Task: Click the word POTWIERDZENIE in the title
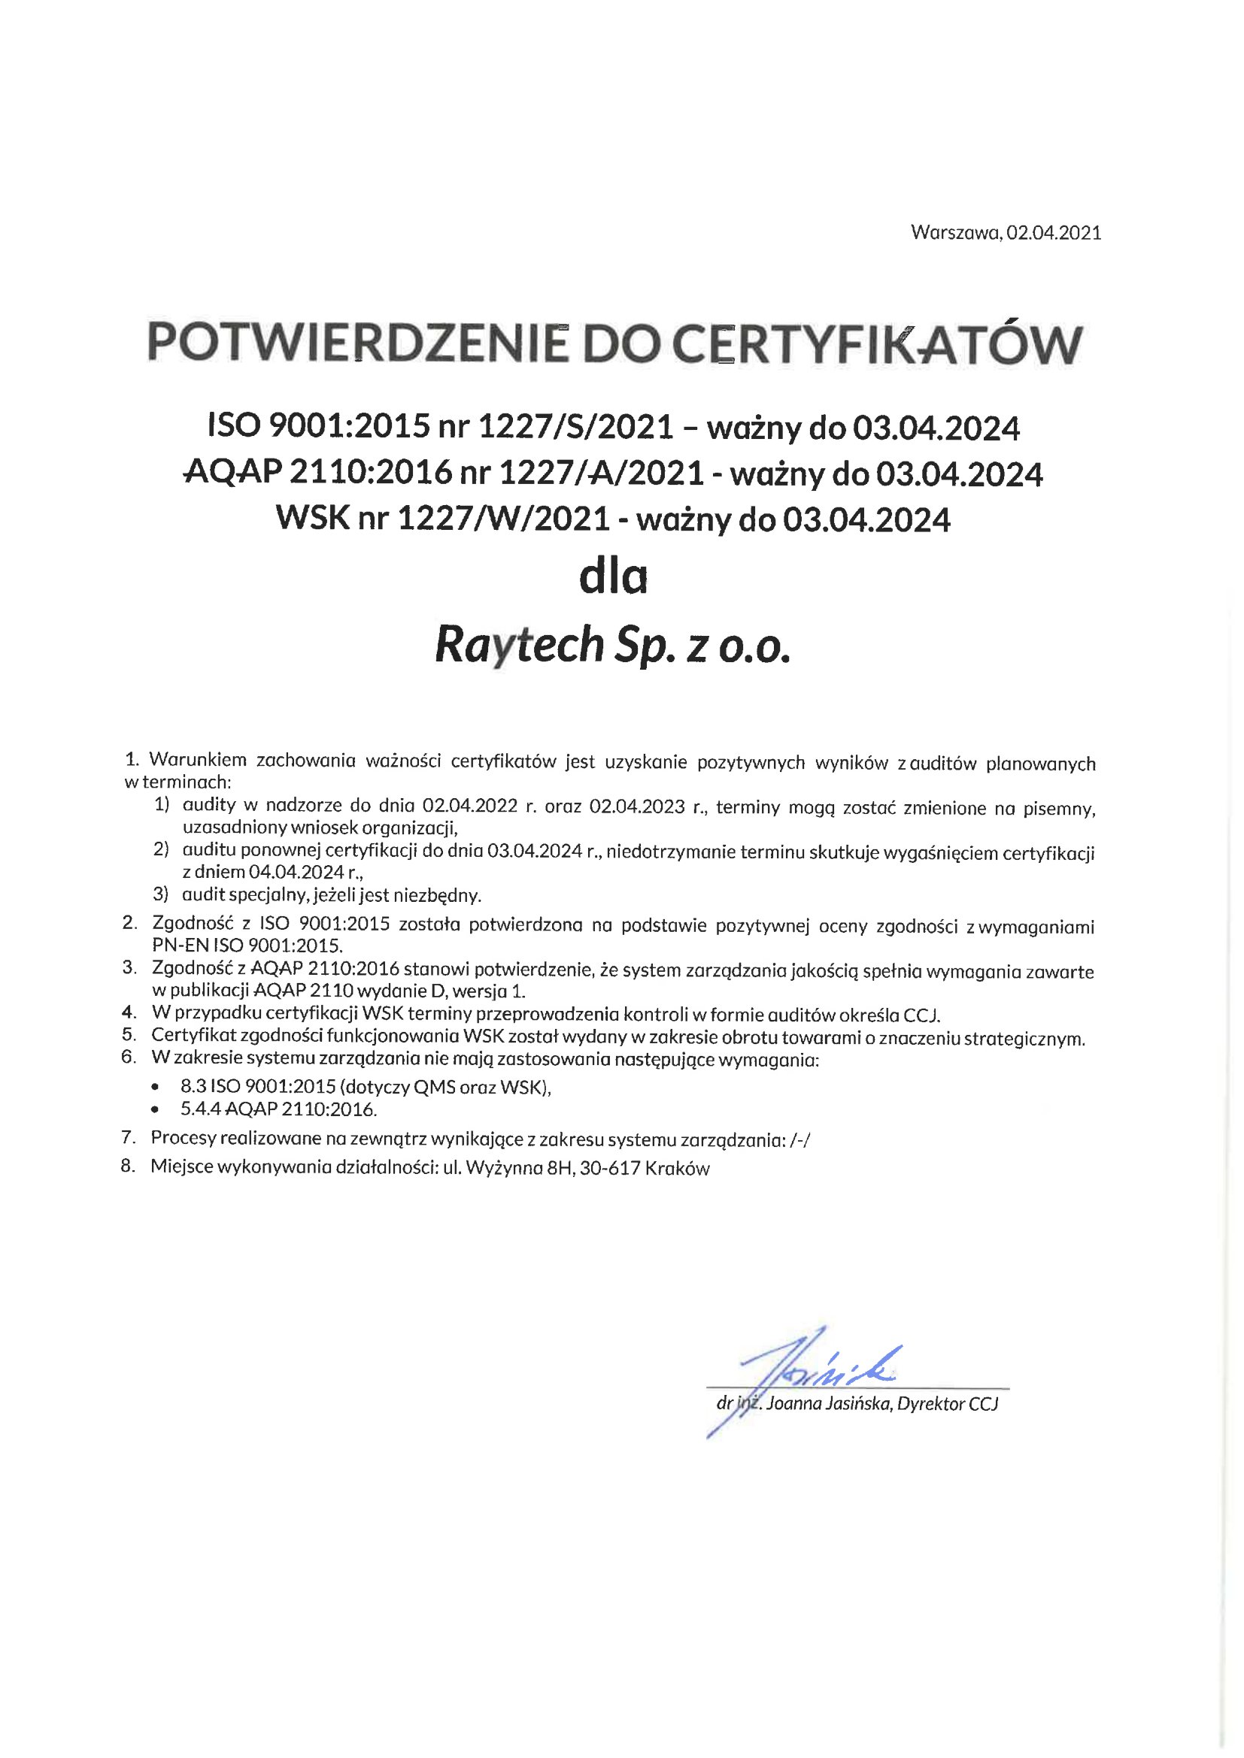[x=357, y=343]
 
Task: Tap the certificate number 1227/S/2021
[x=576, y=427]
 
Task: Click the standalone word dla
[x=613, y=578]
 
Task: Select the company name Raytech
[x=520, y=645]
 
